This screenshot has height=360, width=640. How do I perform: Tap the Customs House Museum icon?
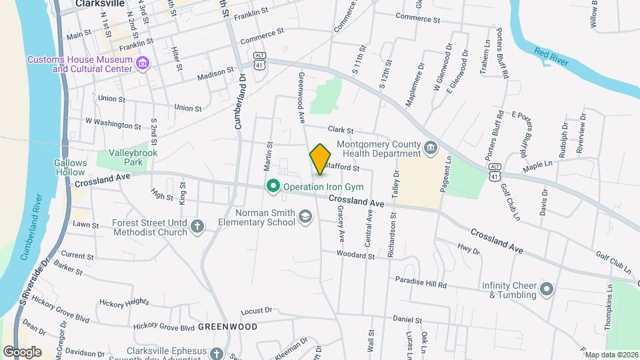coord(141,64)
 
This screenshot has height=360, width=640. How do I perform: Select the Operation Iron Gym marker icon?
coord(272,187)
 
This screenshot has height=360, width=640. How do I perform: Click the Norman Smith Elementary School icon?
coord(305,217)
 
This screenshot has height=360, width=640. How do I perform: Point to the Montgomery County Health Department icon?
coord(430,147)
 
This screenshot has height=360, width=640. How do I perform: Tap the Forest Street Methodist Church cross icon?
coord(197,227)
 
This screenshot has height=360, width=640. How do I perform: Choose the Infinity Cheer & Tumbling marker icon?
coord(547,289)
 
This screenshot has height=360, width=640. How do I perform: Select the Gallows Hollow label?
coord(71,167)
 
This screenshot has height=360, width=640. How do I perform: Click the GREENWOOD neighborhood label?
coord(228,327)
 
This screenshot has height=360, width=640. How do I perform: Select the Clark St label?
coord(339,131)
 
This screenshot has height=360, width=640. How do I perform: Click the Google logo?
coord(22,351)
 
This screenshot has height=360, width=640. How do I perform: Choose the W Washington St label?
coord(113,125)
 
